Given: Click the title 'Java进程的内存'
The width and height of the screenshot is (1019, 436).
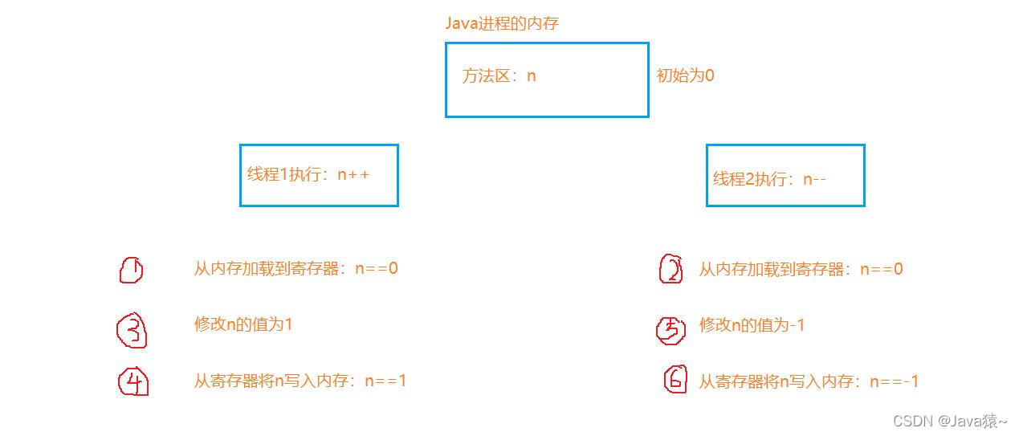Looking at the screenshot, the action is [x=502, y=23].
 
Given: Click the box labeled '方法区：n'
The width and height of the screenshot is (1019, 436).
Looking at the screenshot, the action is [x=547, y=79].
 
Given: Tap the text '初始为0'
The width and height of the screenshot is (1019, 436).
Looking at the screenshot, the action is [x=685, y=75].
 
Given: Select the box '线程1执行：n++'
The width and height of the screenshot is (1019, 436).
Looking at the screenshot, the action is [x=319, y=175].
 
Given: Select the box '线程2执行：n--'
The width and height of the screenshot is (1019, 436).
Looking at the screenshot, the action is [x=785, y=176].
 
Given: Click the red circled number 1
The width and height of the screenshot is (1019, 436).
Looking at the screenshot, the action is [x=131, y=271].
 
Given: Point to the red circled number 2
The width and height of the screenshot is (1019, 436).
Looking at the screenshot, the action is [x=671, y=270].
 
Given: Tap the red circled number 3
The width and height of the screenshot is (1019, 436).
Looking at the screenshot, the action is [x=132, y=331].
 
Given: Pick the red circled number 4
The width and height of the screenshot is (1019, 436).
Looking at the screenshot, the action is [x=134, y=382].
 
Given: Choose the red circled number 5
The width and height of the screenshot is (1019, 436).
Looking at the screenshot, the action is [x=671, y=329].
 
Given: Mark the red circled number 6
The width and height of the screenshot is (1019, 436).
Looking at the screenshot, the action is [x=675, y=379].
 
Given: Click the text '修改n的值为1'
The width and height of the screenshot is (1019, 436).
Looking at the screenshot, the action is [x=243, y=324].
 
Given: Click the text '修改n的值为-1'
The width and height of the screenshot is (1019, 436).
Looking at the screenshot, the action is [x=752, y=325].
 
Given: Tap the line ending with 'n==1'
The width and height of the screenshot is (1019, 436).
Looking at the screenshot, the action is [x=300, y=381].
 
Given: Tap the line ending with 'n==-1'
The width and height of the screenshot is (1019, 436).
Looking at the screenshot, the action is [x=808, y=381].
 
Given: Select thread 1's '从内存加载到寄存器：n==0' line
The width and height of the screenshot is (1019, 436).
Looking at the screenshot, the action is [x=296, y=268].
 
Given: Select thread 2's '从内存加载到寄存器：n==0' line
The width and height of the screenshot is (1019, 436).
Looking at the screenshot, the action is [x=801, y=269].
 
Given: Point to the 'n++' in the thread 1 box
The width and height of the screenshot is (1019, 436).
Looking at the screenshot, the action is [x=353, y=174].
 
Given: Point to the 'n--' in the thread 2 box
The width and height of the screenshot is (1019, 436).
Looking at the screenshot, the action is [x=814, y=178].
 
